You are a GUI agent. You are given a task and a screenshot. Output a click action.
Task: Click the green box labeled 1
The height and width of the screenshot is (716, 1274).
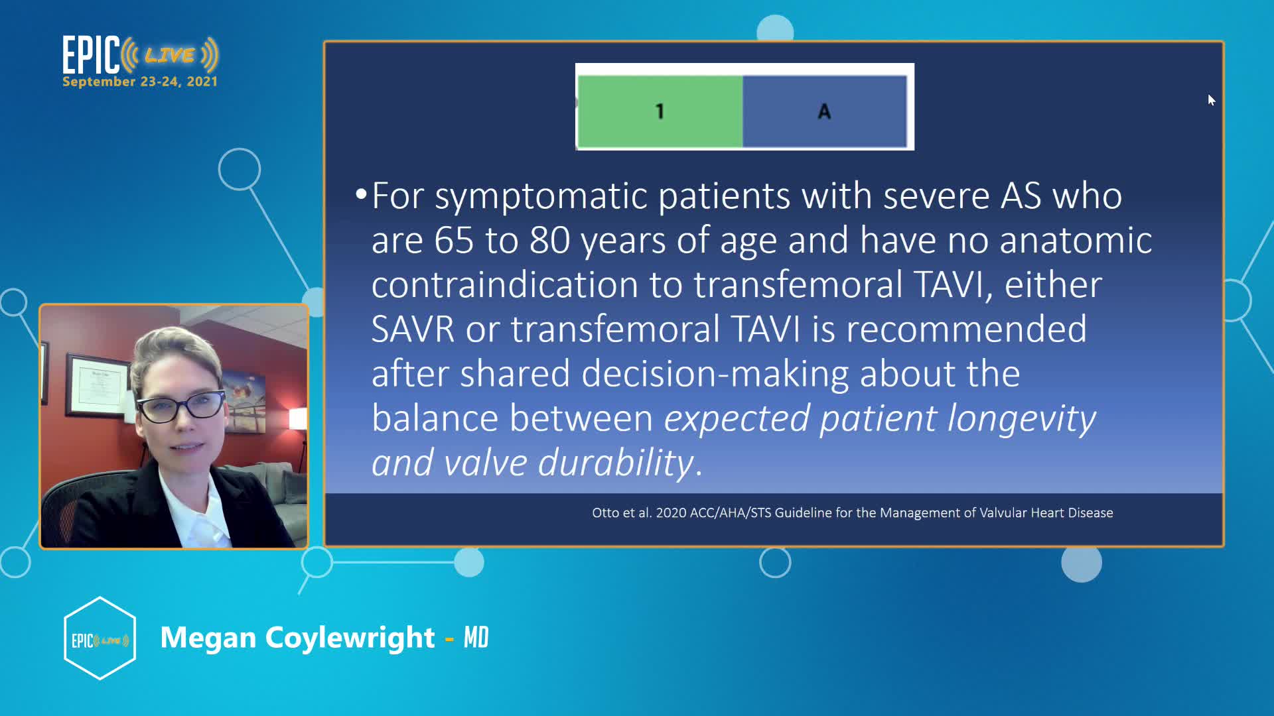(x=660, y=111)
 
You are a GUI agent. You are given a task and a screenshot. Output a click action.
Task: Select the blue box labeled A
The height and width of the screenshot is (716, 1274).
(x=825, y=111)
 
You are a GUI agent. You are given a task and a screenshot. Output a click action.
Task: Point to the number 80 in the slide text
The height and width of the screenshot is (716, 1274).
(x=549, y=240)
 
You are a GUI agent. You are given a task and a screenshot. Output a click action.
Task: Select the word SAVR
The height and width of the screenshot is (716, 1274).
(x=413, y=329)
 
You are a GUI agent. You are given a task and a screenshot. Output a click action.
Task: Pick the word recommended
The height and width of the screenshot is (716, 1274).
(x=966, y=329)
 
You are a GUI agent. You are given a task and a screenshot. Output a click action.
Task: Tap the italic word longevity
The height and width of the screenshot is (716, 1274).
(x=1021, y=419)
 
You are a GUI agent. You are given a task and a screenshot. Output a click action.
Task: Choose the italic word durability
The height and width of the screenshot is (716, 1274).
(x=616, y=462)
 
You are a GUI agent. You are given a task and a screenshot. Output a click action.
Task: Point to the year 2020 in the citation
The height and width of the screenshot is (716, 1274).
(x=671, y=512)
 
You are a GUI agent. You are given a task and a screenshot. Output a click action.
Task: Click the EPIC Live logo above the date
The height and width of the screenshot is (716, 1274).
(x=140, y=54)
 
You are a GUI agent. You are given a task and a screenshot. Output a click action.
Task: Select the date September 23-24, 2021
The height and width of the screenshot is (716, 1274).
(x=140, y=82)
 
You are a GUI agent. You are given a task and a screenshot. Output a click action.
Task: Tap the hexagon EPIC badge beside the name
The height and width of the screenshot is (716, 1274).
(x=100, y=638)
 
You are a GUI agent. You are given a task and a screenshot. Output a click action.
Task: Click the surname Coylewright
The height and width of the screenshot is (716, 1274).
(x=350, y=638)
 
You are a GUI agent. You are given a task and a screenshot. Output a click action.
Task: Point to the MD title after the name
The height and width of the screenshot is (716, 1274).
(x=476, y=638)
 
